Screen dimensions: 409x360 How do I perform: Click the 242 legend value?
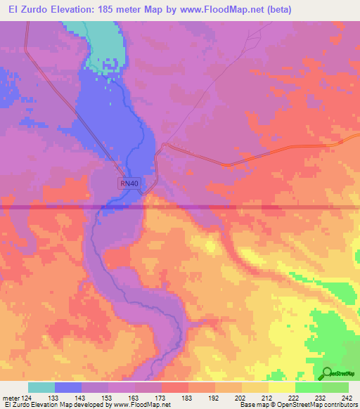coord(345,398)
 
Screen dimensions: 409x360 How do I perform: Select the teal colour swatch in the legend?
coord(41,387)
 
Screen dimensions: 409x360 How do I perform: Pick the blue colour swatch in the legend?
coord(68,387)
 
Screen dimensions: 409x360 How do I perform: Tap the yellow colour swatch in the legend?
coord(282,387)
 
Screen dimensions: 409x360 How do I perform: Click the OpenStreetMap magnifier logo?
coord(328,372)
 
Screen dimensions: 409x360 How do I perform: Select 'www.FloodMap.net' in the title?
coord(217,9)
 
